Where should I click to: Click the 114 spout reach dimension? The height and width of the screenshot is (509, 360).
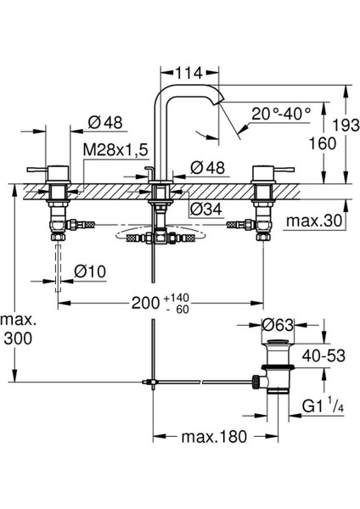[x=188, y=73]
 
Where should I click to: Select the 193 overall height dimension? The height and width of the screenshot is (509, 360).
[x=346, y=126]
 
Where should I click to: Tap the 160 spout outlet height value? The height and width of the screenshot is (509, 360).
[x=322, y=143]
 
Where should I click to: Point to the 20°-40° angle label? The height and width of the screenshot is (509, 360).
[x=281, y=114]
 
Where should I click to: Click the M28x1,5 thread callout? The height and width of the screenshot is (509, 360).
[x=115, y=150]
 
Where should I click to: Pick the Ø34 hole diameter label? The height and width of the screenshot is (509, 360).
[x=206, y=209]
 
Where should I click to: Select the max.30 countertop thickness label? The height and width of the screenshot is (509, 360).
[x=314, y=221]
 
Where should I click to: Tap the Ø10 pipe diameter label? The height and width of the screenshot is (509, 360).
[x=90, y=271]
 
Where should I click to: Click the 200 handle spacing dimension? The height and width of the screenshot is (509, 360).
[x=145, y=303]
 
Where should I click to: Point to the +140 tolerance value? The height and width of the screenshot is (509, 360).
[x=177, y=298]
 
